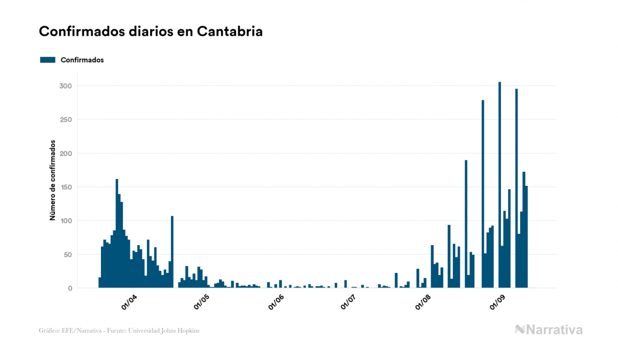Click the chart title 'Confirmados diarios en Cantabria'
[151, 32]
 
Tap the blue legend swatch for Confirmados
[48, 60]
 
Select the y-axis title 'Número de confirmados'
[53, 180]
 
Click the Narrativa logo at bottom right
[549, 330]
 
